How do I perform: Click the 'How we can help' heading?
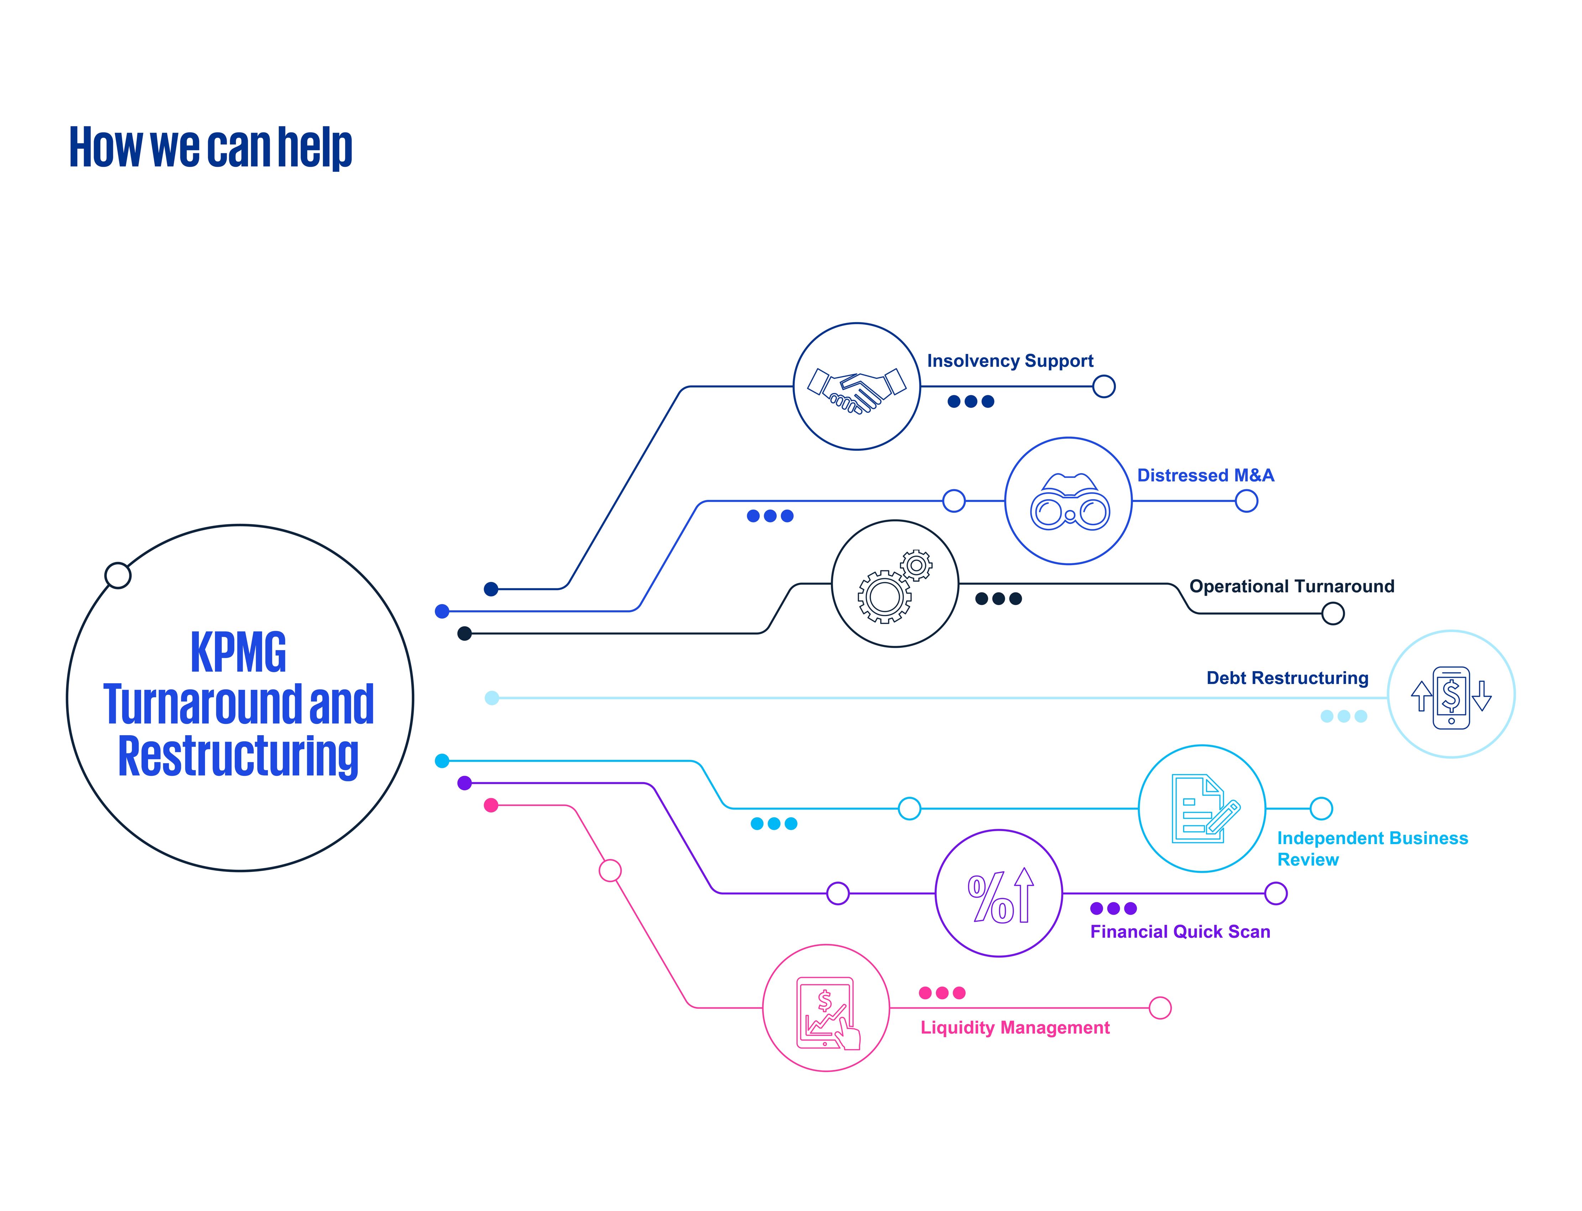[x=210, y=148]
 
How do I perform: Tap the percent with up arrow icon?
[x=1000, y=896]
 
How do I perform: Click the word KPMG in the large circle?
[x=238, y=653]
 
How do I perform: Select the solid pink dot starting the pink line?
[x=491, y=805]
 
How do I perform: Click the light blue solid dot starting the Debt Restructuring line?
[x=492, y=698]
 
